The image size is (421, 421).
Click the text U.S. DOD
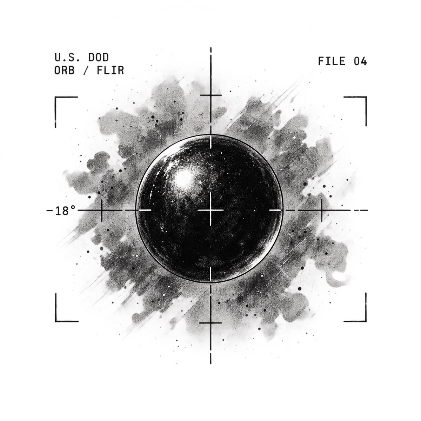tap(81, 58)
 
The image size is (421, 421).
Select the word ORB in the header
tap(65, 70)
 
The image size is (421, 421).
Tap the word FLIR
tap(110, 70)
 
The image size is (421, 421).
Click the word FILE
tap(332, 61)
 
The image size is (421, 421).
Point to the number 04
tap(360, 61)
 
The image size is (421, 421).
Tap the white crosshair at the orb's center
tap(210, 210)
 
